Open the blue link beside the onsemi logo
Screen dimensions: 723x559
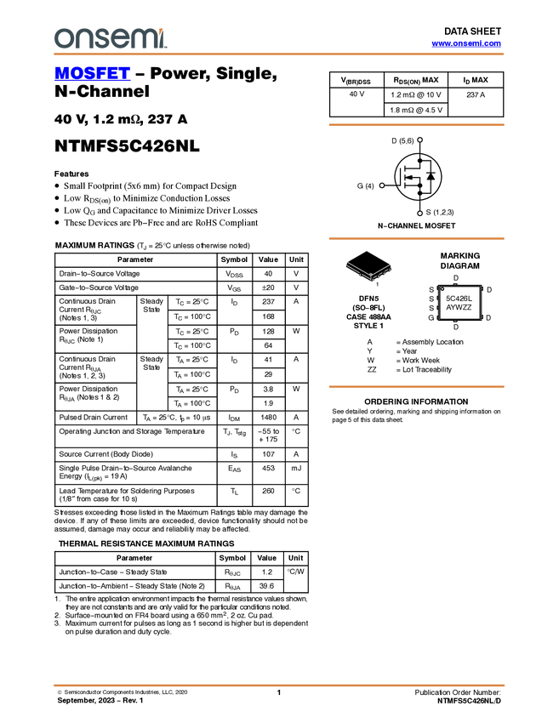pos(466,43)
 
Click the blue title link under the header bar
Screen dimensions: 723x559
pos(92,75)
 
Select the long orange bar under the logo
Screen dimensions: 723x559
pos(278,54)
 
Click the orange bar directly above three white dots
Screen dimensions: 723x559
pos(416,125)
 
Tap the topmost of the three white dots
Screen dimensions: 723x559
pos(420,139)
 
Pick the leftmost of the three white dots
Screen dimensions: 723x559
pos(382,185)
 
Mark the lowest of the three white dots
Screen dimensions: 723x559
pos(420,213)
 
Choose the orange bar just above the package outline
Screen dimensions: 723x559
pos(416,239)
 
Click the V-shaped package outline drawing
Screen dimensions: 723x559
pos(369,271)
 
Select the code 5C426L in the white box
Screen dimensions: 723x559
pos(459,299)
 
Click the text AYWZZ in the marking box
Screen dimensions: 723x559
pos(459,308)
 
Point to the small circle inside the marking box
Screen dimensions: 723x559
pos(442,289)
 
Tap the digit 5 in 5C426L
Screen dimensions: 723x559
pos(448,299)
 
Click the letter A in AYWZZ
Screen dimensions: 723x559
pos(448,308)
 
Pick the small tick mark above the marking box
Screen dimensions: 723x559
pos(455,283)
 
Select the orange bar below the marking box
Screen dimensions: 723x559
pos(416,387)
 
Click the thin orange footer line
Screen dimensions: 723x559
pos(278,684)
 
